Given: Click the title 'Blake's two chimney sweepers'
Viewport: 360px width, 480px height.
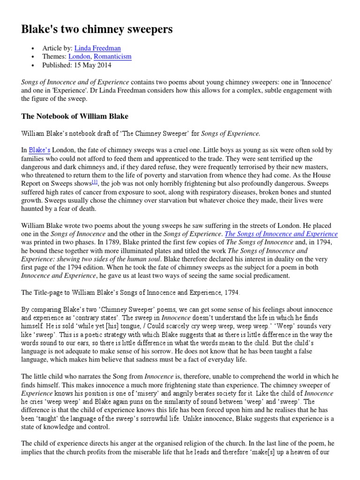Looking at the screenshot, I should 97,29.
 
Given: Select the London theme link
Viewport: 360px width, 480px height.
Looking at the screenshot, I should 79,57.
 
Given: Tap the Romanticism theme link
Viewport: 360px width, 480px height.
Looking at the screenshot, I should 112,57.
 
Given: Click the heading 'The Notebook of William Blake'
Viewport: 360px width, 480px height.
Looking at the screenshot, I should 75,116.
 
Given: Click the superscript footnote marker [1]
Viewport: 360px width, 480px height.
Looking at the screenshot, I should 94,182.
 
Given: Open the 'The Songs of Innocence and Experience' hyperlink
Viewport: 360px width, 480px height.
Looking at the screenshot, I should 281,234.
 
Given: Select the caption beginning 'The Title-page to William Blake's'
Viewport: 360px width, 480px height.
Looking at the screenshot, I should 131,292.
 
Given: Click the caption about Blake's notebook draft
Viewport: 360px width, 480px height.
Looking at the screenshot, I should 141,134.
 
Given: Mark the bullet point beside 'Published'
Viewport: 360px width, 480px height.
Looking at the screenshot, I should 32,65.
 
